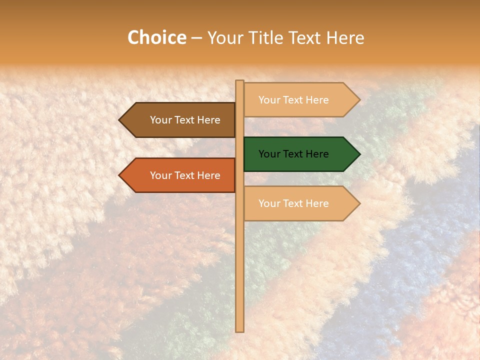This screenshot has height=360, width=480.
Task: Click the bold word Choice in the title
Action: pyautogui.click(x=157, y=37)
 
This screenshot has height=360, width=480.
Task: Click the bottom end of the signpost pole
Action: pyautogui.click(x=240, y=330)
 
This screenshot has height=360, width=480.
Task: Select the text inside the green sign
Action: pyautogui.click(x=293, y=154)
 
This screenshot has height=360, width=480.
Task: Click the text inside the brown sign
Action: pyautogui.click(x=185, y=120)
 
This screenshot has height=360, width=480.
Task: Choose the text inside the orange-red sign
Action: pyautogui.click(x=185, y=175)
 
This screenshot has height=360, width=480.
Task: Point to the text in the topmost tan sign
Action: pyautogui.click(x=293, y=100)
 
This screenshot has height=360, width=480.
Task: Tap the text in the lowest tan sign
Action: pyautogui.click(x=293, y=203)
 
